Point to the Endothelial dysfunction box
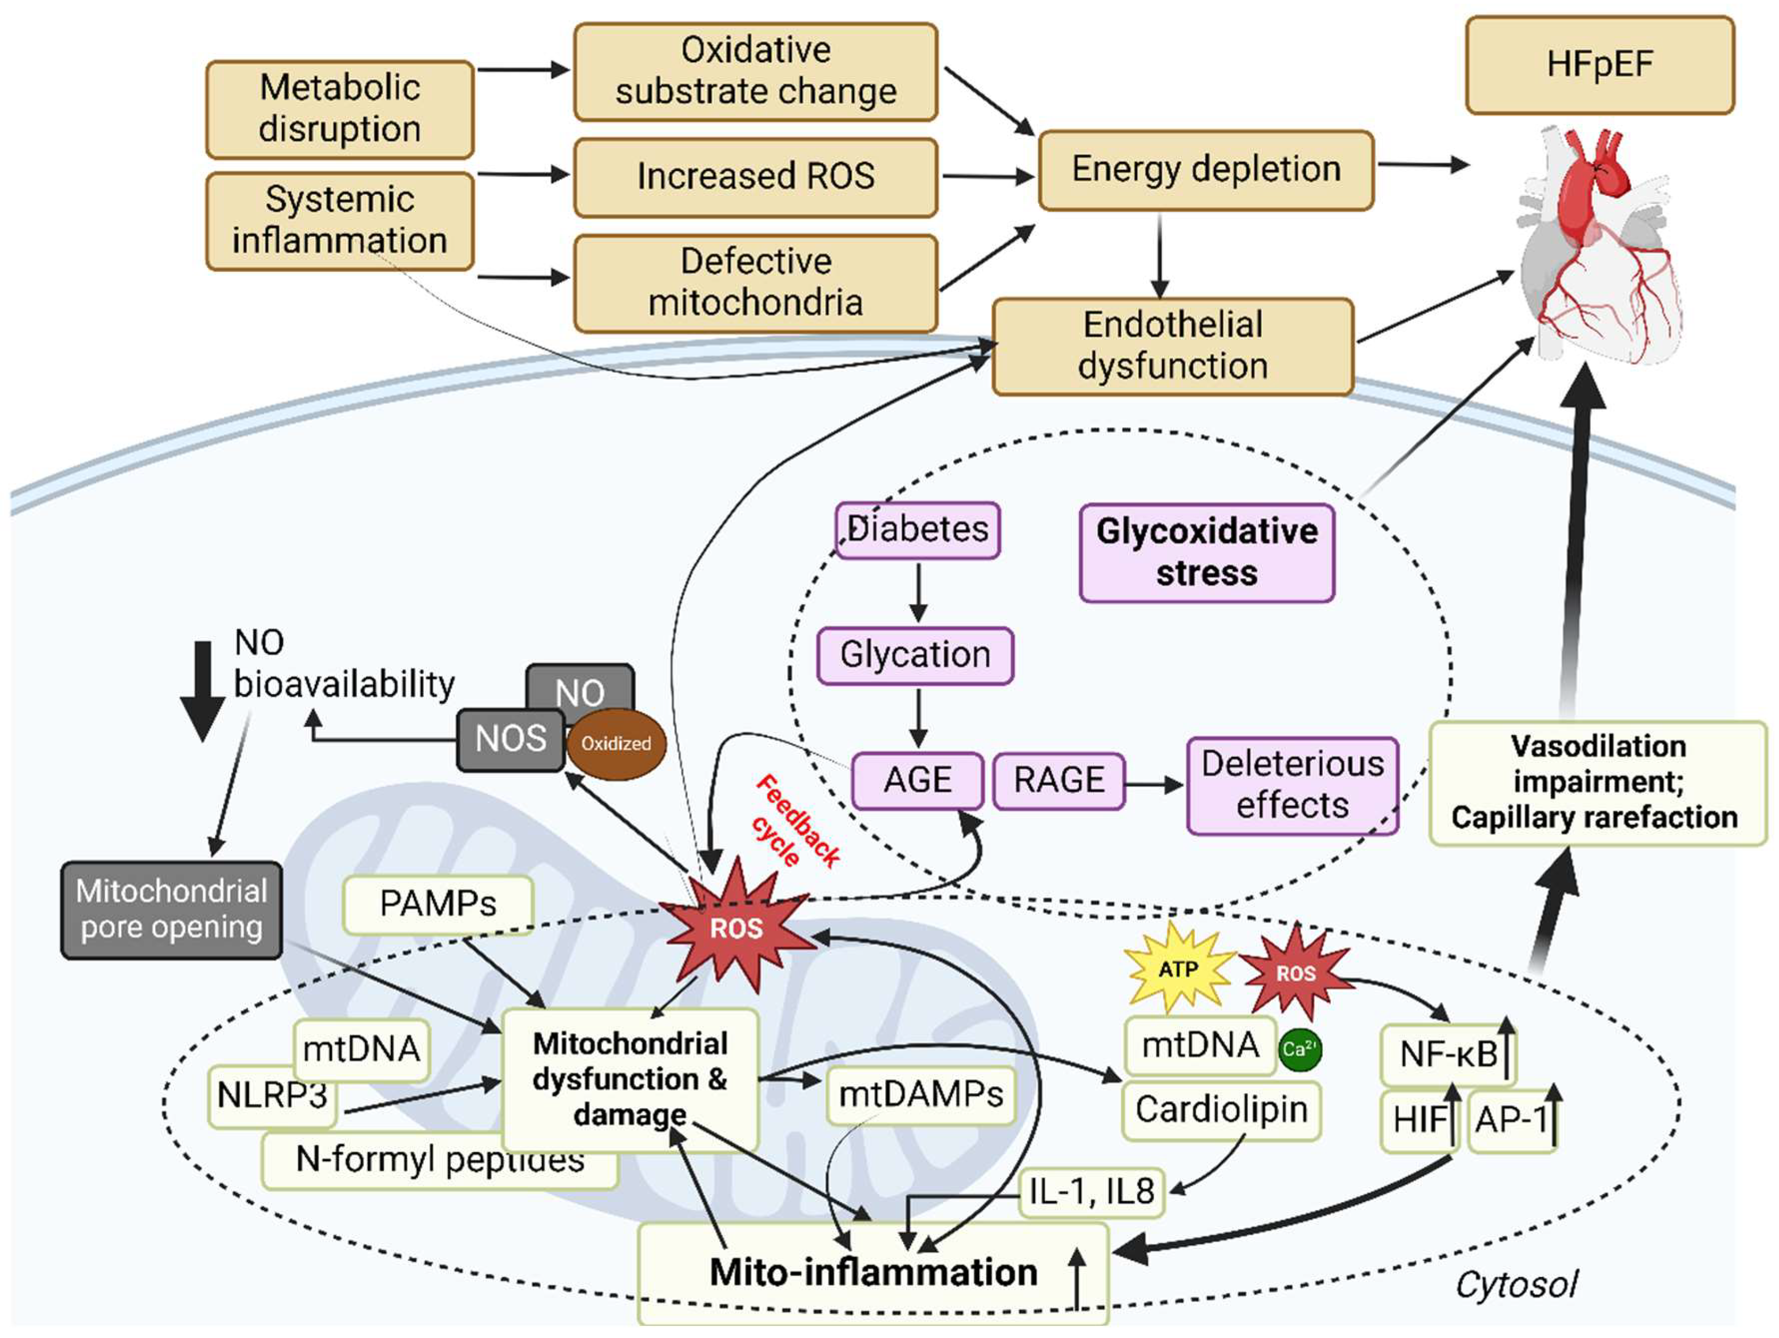1173,346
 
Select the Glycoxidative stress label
1207,552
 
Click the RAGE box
1058,780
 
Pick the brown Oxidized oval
616,744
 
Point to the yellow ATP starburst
1178,970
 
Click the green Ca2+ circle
1299,1049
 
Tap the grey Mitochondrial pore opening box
172,910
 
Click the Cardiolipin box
1221,1110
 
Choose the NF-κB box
1448,1054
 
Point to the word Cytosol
1516,1284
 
